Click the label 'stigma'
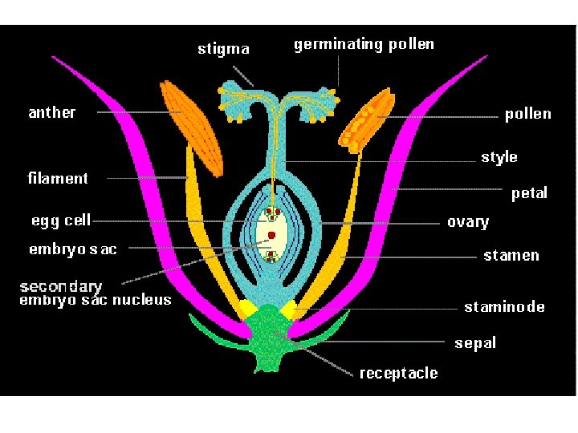click(x=223, y=49)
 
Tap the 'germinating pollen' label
click(x=364, y=45)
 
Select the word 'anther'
click(x=51, y=112)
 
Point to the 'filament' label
click(x=58, y=178)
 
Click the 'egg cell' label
click(x=60, y=220)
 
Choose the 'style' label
click(x=499, y=157)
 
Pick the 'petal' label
click(x=529, y=193)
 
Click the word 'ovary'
click(x=467, y=222)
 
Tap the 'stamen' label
click(x=511, y=256)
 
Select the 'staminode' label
click(x=504, y=307)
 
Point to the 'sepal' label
click(x=475, y=343)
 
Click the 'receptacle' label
click(x=398, y=373)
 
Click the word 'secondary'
click(x=61, y=286)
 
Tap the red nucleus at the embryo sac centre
click(x=272, y=235)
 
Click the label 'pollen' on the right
click(x=527, y=114)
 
